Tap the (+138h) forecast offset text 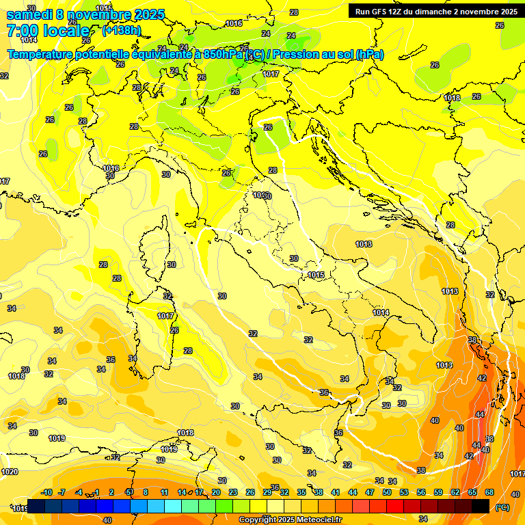click(x=121, y=31)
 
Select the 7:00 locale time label click(x=48, y=31)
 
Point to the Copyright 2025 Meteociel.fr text click(x=290, y=520)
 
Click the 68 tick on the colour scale click(x=489, y=492)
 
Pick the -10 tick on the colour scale click(x=46, y=492)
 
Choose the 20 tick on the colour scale click(x=215, y=492)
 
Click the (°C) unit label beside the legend click(x=502, y=507)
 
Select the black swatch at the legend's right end click(x=481, y=506)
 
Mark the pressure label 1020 click(x=9, y=472)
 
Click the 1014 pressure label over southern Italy click(x=381, y=312)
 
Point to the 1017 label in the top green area click(x=271, y=74)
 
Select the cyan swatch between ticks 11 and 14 click(x=173, y=506)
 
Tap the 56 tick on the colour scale click(x=421, y=492)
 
